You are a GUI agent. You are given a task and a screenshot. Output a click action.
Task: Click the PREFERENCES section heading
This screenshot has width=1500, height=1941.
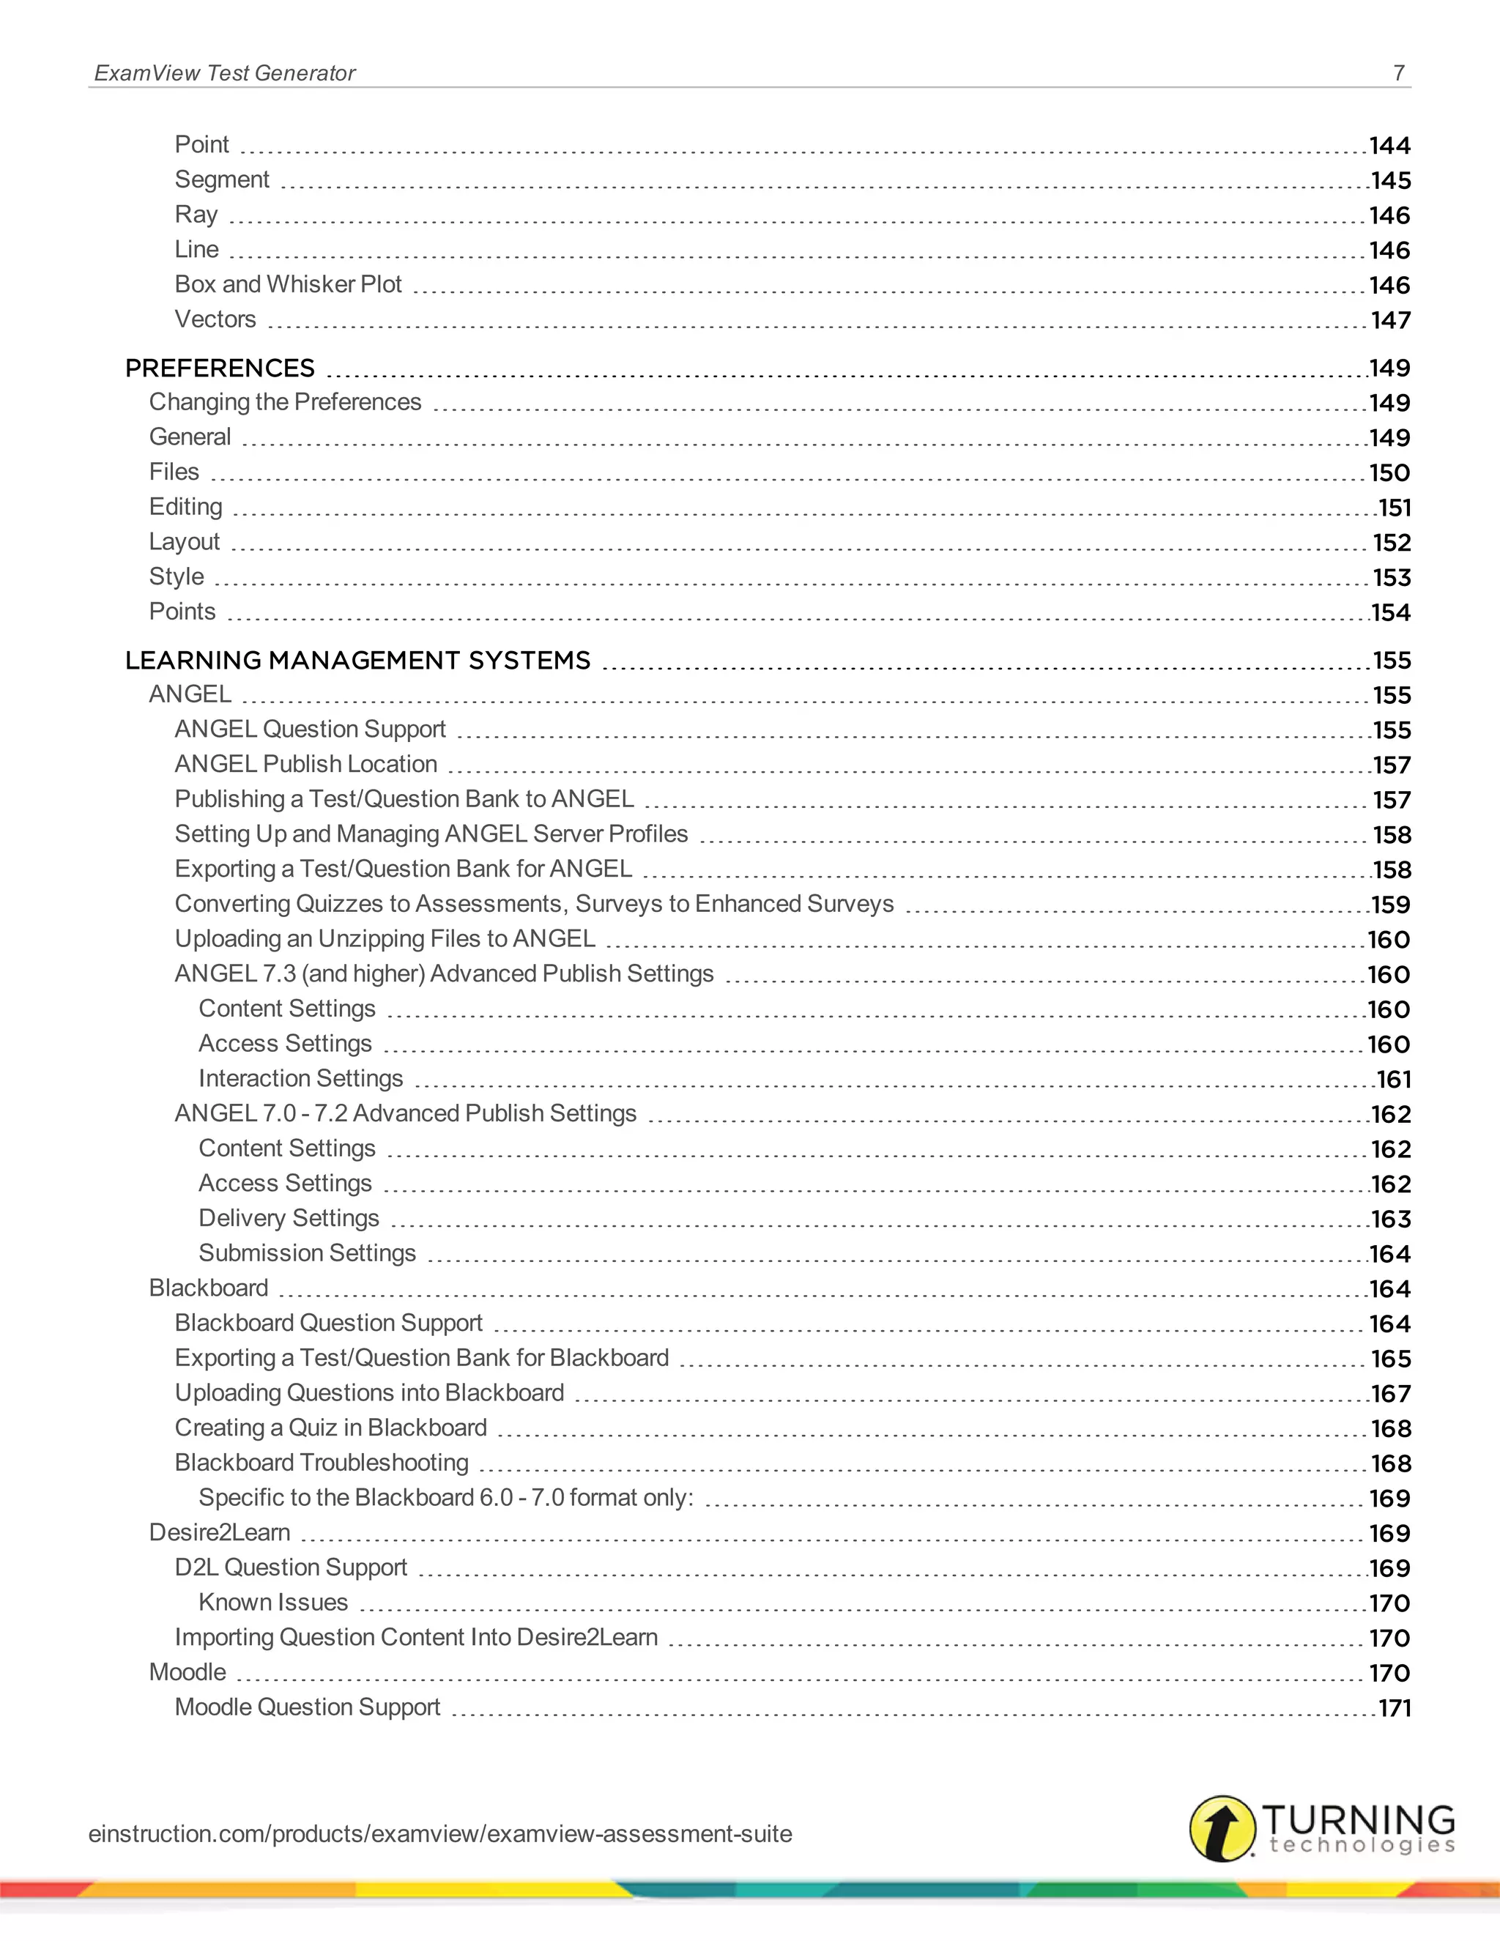pos(220,368)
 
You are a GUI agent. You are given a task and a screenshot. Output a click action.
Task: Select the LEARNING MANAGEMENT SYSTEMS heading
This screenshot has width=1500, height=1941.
pos(357,661)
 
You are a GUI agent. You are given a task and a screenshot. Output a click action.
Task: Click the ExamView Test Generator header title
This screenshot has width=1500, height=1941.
pos(225,73)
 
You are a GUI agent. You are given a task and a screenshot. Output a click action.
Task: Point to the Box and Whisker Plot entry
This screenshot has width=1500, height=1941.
pos(288,284)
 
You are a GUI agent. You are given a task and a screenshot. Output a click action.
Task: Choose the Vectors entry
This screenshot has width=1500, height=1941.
pos(215,319)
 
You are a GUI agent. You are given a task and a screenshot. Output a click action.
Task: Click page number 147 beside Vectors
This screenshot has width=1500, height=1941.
pos(1390,320)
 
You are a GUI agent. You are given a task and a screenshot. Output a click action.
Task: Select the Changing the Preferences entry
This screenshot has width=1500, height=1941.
pos(284,403)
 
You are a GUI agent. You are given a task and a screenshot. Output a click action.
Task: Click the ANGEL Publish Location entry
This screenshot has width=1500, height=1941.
pos(305,764)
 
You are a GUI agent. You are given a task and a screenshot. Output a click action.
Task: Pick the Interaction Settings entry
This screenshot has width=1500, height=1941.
pos(300,1078)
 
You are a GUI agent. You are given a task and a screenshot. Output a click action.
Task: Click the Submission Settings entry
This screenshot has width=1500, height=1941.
pos(307,1253)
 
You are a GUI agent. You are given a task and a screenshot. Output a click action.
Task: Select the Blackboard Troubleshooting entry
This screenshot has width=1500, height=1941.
pos(321,1463)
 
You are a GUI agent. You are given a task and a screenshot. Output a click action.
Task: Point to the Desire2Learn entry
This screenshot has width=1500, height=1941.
pos(220,1532)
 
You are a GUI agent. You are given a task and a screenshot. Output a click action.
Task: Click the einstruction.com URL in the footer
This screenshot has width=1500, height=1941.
pos(440,1833)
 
